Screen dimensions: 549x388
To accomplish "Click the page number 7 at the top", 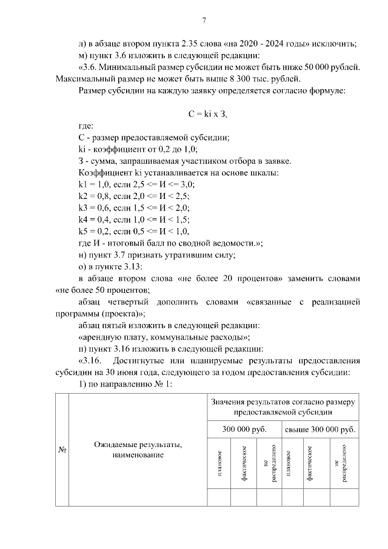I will pos(204,21).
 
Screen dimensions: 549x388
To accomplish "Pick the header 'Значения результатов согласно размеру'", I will pos(283,401).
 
